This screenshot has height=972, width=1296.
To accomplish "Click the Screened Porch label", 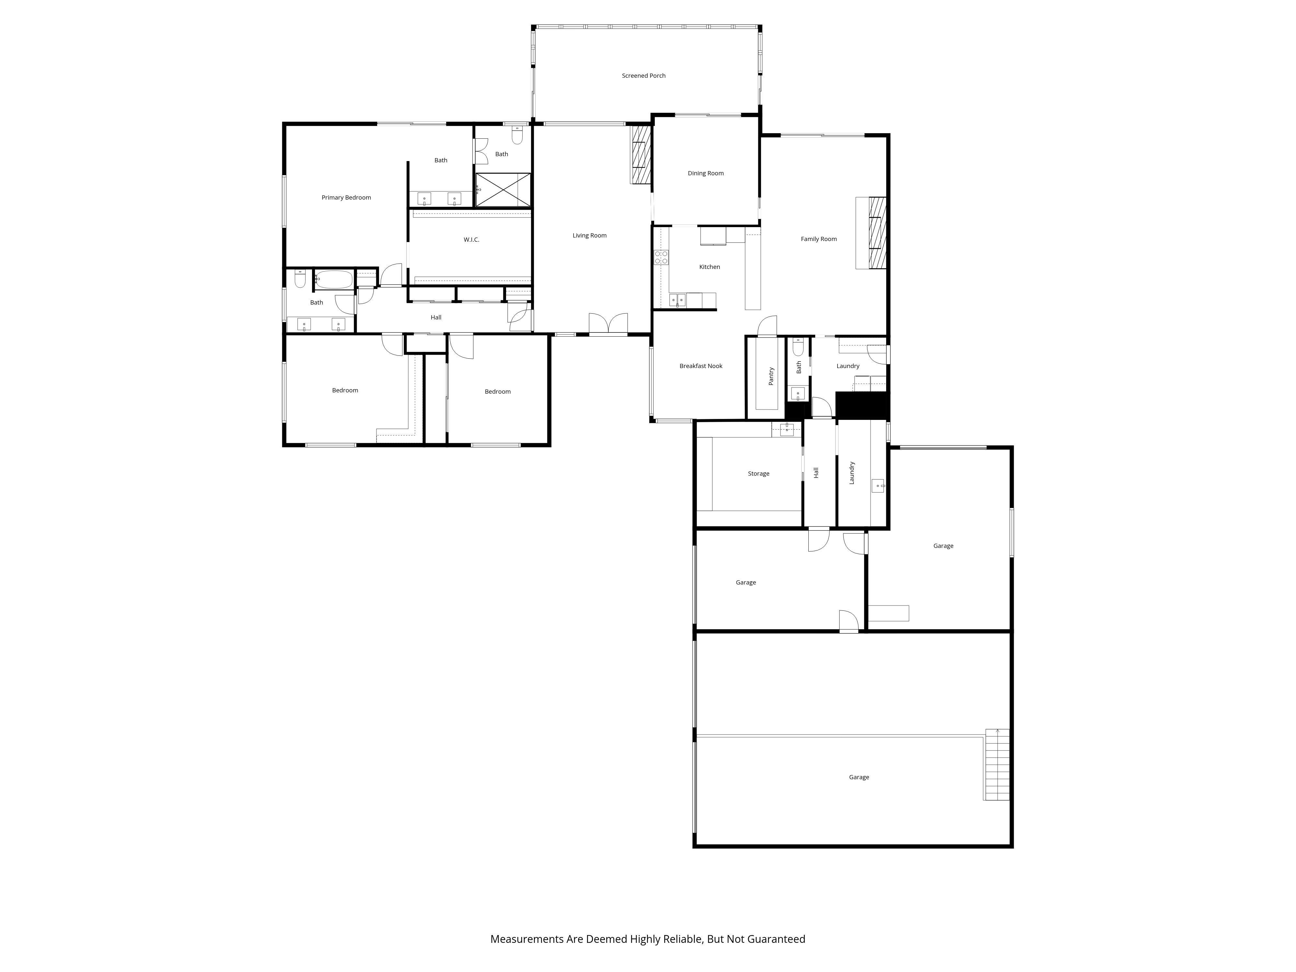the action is pyautogui.click(x=643, y=75).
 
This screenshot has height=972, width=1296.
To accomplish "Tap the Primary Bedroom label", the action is pyautogui.click(x=346, y=197).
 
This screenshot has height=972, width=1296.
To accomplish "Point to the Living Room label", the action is pyautogui.click(x=589, y=236).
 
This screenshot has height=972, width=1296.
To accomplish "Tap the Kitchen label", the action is pyautogui.click(x=710, y=267).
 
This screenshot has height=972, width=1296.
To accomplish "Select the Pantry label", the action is pyautogui.click(x=771, y=376).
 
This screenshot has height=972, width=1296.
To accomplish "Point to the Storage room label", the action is pyautogui.click(x=759, y=473).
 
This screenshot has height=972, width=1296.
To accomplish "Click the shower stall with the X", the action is pyautogui.click(x=503, y=190).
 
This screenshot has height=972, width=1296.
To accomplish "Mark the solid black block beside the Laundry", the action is pyautogui.click(x=862, y=405).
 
